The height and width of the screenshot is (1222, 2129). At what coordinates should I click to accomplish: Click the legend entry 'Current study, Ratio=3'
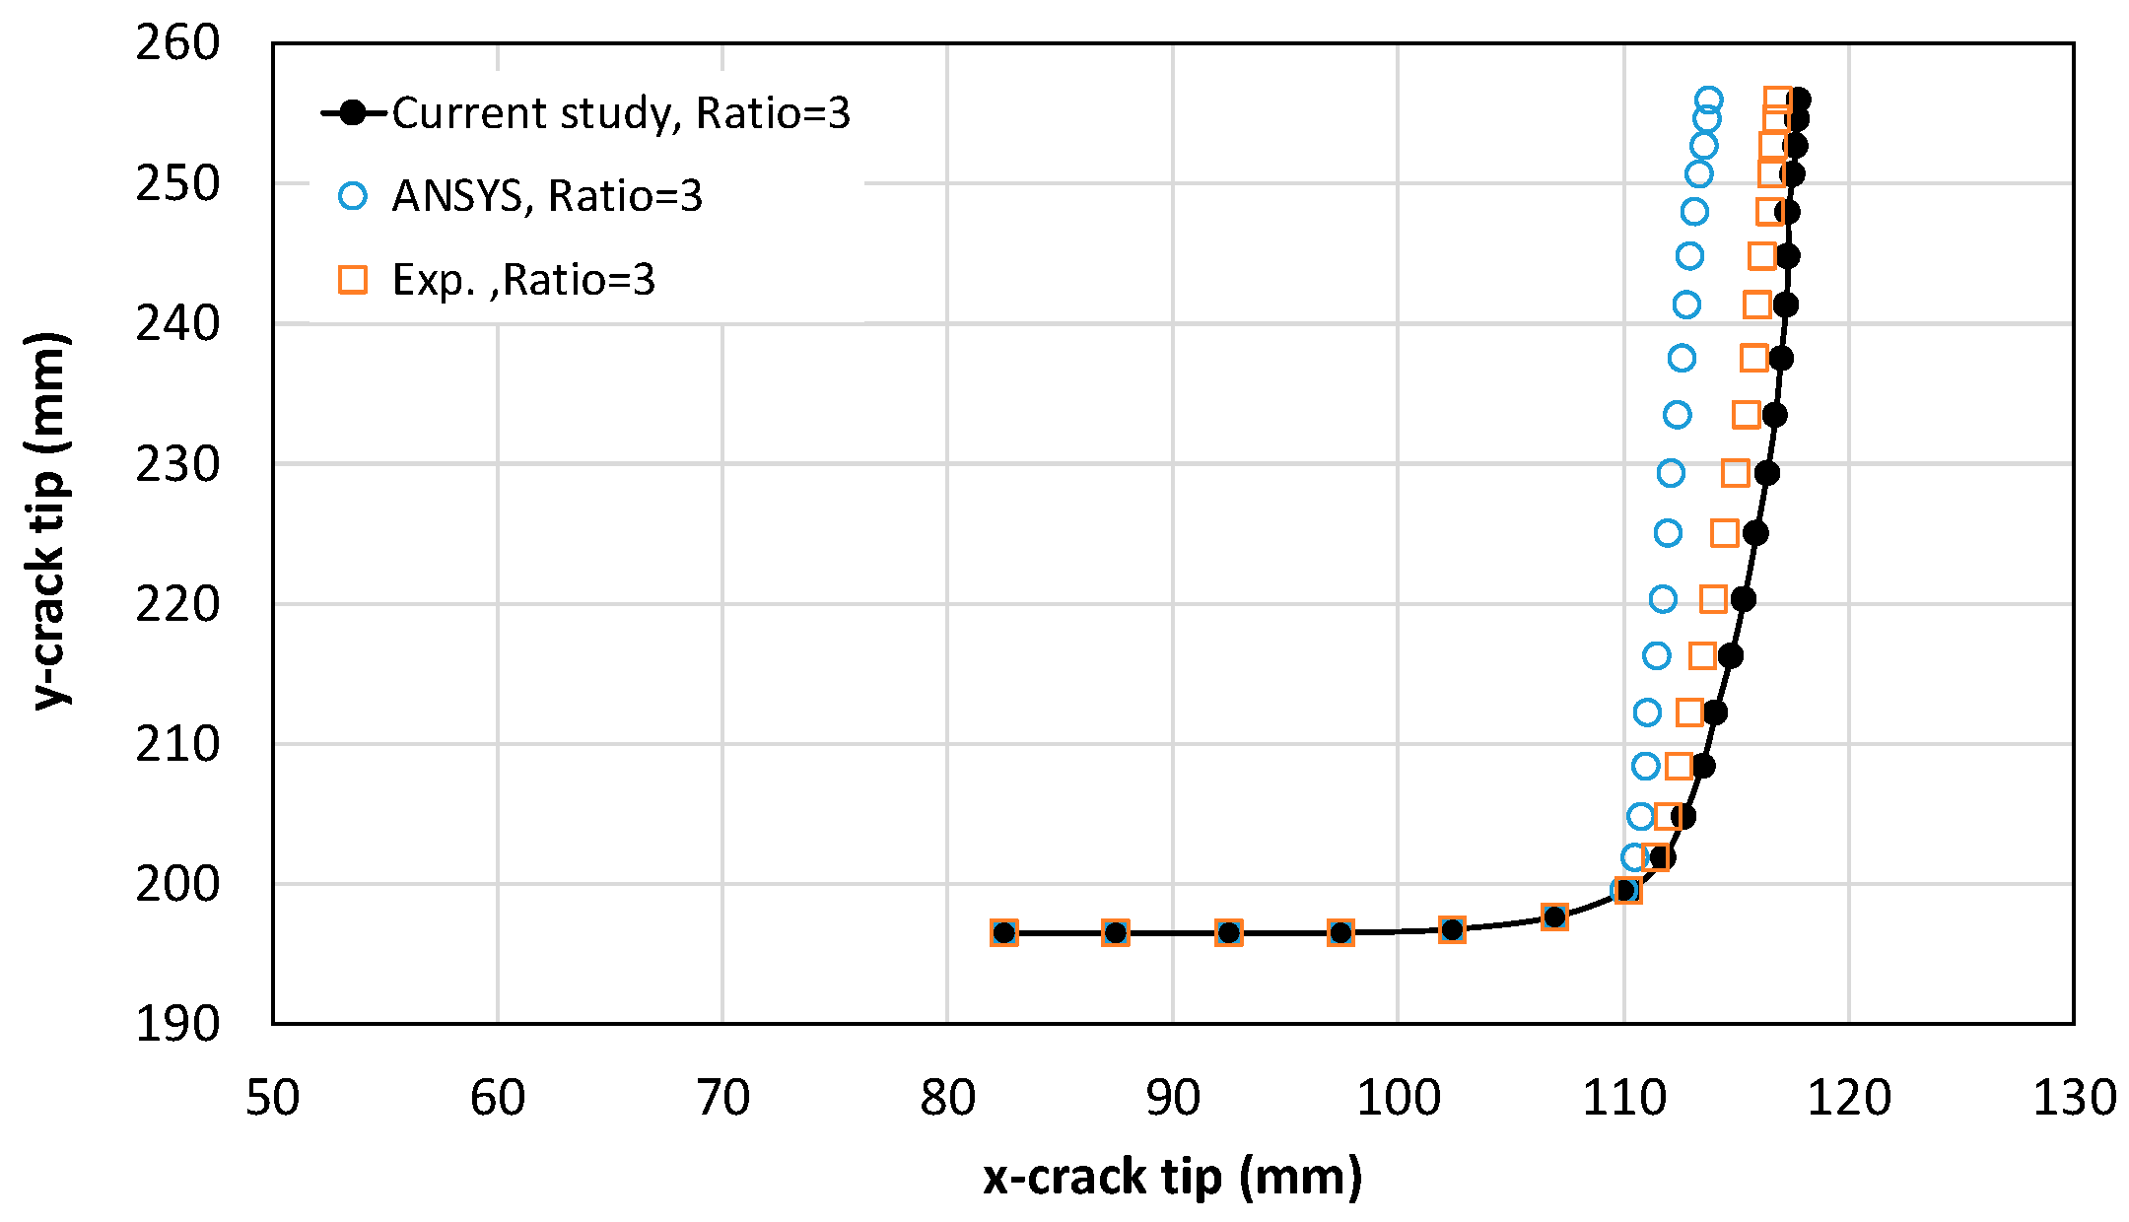[621, 113]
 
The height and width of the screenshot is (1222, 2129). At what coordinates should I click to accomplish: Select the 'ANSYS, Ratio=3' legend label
[547, 196]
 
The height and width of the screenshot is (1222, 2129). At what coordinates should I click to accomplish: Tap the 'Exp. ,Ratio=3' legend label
[523, 280]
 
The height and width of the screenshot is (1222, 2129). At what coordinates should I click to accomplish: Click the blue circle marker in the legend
[353, 196]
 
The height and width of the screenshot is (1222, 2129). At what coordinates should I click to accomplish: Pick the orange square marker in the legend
[353, 280]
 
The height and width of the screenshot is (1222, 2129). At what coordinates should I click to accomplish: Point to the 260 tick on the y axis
[177, 43]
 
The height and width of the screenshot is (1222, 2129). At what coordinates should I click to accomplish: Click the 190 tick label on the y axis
[177, 1024]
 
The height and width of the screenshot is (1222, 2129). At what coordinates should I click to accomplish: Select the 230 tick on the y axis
[177, 464]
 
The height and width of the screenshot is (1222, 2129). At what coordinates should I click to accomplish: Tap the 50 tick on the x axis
[273, 1098]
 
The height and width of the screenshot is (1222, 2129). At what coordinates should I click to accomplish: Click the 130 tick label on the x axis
[2074, 1098]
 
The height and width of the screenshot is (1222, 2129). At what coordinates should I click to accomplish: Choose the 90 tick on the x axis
[1173, 1098]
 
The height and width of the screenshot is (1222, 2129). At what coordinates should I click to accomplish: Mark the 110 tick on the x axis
[1623, 1098]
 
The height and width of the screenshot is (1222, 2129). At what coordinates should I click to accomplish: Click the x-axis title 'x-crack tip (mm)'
[1173, 1177]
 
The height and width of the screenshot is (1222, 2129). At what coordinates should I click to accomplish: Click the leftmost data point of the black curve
[1004, 932]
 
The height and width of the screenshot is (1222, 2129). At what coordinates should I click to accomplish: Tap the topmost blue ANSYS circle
[1709, 100]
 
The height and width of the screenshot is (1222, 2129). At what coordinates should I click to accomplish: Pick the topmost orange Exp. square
[1777, 100]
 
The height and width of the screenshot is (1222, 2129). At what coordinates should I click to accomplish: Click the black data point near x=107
[1554, 917]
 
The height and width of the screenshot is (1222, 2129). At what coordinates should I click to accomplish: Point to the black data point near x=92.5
[1228, 932]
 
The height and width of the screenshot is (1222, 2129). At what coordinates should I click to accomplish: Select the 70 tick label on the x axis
[722, 1098]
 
